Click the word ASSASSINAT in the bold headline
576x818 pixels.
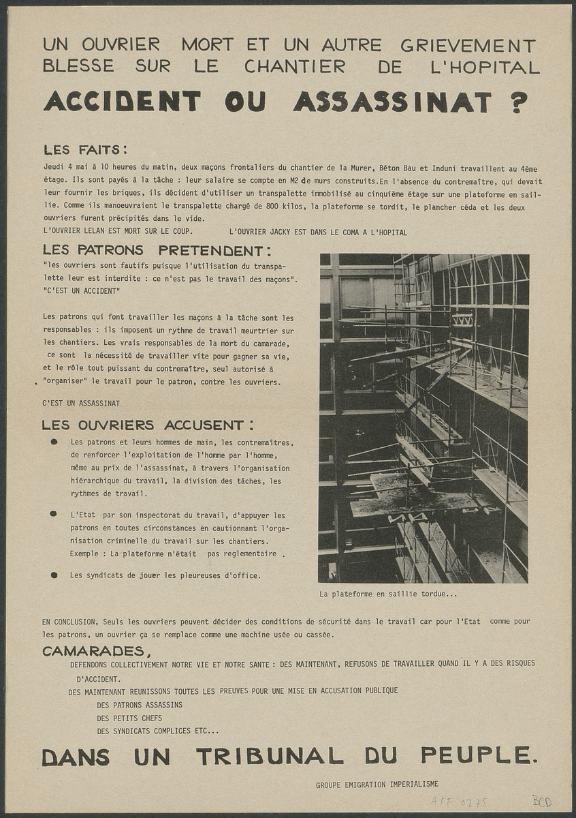click(x=392, y=102)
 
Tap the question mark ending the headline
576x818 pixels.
click(x=518, y=102)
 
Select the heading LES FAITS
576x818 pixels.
click(x=85, y=149)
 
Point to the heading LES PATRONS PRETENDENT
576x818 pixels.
click(x=157, y=250)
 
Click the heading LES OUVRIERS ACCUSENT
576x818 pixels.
click(x=147, y=425)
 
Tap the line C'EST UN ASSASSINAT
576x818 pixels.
click(x=81, y=403)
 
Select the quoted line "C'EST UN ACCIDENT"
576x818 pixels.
click(x=81, y=291)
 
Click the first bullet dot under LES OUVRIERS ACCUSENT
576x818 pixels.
click(x=54, y=442)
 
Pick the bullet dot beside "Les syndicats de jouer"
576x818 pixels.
click(x=54, y=575)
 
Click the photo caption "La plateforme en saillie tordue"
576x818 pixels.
click(x=388, y=594)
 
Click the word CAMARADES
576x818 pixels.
click(x=93, y=651)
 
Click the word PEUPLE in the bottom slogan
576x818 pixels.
click(x=477, y=755)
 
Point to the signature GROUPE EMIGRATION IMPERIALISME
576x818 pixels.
click(x=377, y=785)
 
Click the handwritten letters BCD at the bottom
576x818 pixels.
click(x=541, y=802)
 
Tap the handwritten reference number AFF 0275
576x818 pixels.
click(x=459, y=802)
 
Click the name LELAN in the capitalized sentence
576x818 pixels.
click(x=95, y=232)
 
